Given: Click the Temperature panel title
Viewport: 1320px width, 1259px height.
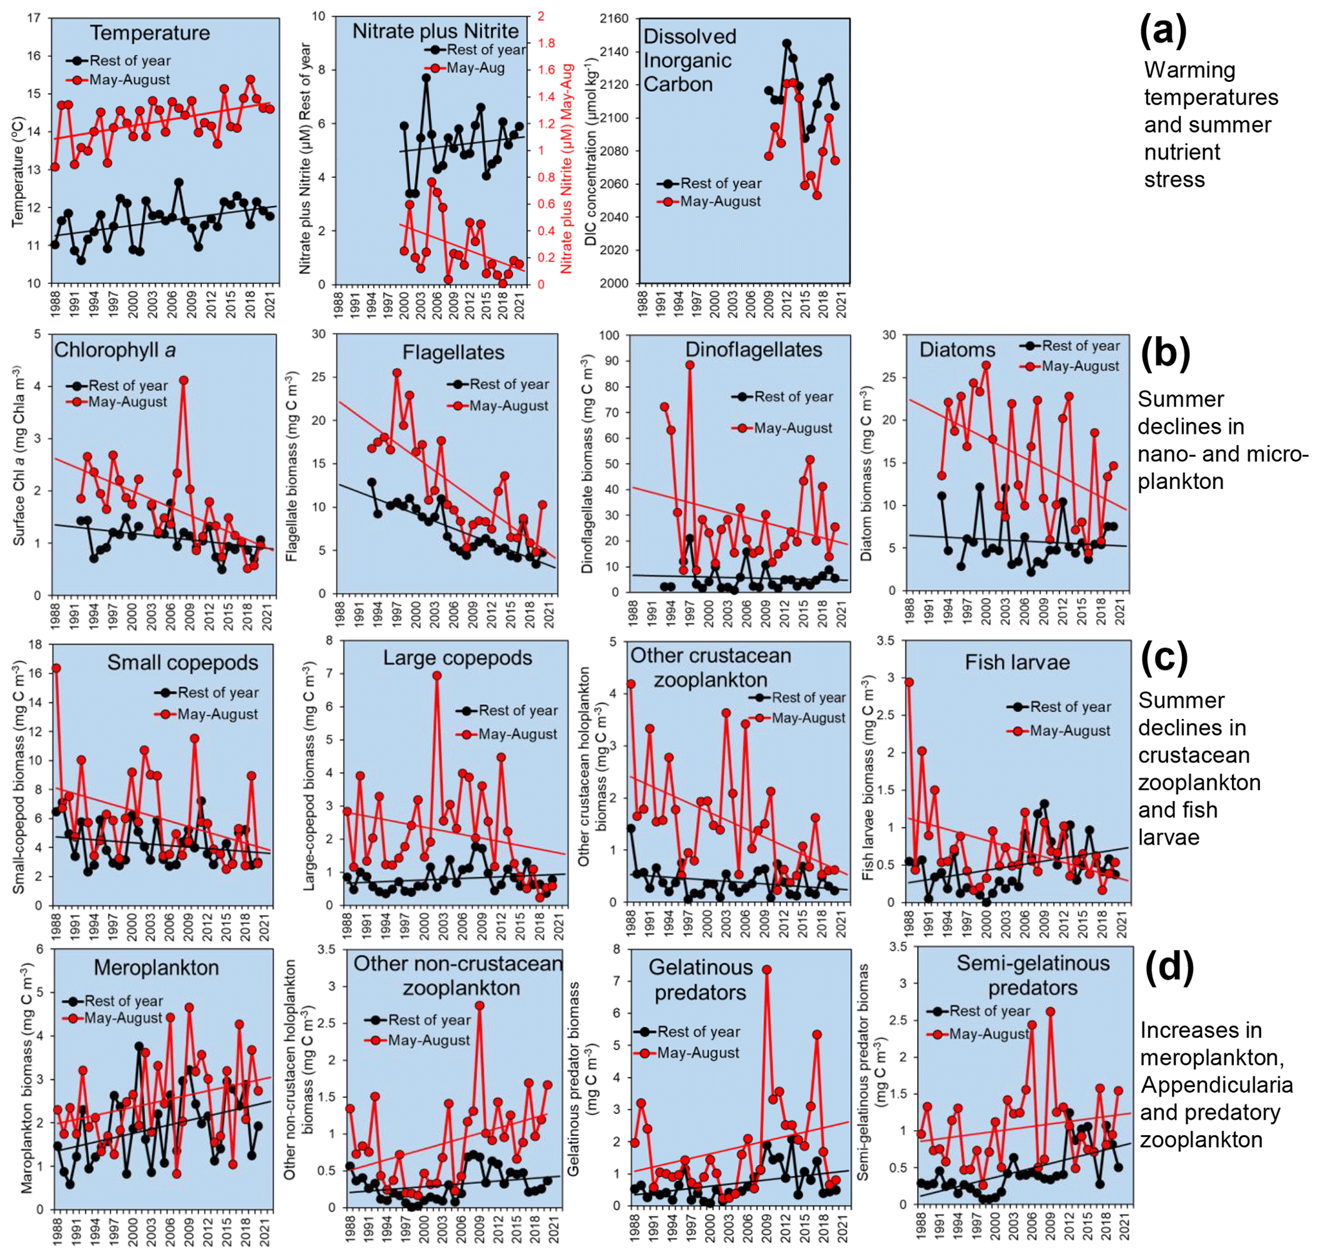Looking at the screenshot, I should (149, 33).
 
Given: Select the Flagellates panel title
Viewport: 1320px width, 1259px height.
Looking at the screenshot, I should (453, 352).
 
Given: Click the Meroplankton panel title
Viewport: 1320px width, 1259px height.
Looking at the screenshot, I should (156, 968).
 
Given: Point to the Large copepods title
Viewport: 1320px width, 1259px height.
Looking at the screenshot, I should (457, 658).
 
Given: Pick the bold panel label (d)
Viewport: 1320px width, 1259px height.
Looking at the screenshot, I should (1169, 966).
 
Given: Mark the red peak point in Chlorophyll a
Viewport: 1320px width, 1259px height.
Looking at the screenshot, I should (184, 380).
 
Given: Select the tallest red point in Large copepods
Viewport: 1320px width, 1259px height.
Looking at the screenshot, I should (437, 676).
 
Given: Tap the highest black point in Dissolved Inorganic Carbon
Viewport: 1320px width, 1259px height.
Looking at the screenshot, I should (787, 43).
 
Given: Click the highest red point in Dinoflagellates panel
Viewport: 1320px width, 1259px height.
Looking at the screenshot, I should (690, 365).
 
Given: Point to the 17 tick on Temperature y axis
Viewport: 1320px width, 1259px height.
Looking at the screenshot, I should (34, 18).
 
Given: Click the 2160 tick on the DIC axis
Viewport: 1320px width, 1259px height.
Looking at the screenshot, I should (614, 19).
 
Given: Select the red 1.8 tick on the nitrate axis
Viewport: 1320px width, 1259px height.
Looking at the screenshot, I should (546, 43).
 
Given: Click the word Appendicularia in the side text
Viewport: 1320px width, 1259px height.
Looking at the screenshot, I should (1217, 1085).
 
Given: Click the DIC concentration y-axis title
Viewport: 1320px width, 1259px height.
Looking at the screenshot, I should (591, 151).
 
